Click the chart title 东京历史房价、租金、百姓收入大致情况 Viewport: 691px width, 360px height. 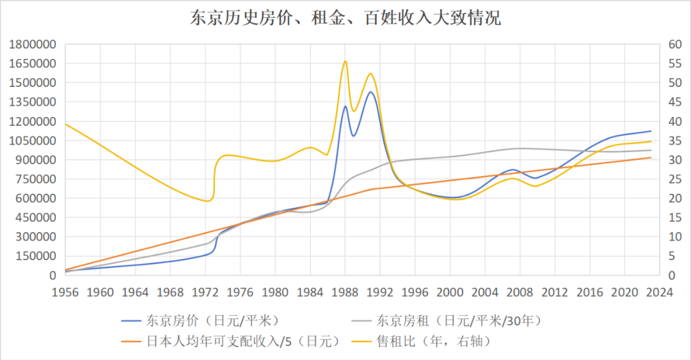(345, 18)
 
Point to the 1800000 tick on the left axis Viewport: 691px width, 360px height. (31, 44)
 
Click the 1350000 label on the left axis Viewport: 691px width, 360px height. (31, 102)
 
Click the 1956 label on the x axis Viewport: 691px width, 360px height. (65, 292)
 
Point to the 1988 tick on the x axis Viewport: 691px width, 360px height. (345, 292)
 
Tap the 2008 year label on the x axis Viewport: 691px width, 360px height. (520, 292)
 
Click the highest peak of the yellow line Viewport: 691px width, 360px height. (345, 61)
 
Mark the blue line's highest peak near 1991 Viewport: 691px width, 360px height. (370, 92)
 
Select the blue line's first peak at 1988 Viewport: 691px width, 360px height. (345, 106)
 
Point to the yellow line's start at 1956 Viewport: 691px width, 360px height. (66, 123)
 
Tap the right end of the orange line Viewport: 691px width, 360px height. (651, 157)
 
